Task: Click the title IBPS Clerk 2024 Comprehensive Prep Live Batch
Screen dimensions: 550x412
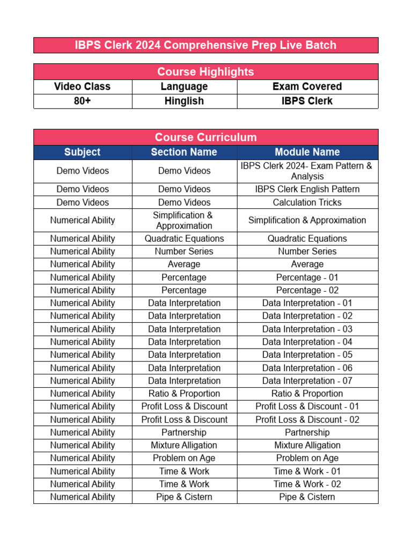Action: point(205,45)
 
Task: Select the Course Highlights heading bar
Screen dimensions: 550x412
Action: point(205,72)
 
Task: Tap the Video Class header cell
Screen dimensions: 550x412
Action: point(83,86)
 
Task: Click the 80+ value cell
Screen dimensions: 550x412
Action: point(83,101)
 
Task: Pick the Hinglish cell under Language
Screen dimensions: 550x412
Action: point(184,101)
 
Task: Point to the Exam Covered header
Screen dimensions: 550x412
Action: point(307,86)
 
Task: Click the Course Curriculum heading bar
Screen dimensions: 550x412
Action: point(205,137)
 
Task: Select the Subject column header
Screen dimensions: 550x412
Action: point(83,152)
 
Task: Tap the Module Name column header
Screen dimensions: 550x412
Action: point(307,152)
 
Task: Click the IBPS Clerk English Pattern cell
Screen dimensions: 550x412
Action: point(307,189)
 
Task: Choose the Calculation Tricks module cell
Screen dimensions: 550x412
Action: point(307,202)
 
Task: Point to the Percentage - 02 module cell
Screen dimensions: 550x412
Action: point(307,290)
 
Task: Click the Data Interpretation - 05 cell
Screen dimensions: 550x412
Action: point(307,354)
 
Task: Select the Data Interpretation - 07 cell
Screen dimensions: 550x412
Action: point(307,381)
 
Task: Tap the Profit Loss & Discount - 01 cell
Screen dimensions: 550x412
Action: point(307,407)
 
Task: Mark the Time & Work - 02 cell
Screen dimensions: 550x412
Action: point(307,484)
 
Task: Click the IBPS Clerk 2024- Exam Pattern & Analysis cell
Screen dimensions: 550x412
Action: point(307,171)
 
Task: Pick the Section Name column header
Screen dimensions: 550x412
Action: point(184,152)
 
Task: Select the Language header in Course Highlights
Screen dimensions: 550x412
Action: point(184,86)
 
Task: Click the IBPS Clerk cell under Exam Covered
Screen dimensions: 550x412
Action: point(307,101)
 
